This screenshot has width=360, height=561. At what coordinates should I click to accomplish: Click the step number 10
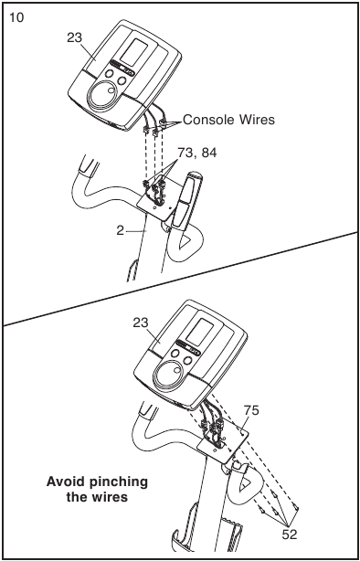tap(16, 16)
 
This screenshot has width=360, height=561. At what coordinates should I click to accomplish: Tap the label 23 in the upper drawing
tap(74, 38)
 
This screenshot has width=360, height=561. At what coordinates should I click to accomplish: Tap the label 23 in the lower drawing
tap(141, 323)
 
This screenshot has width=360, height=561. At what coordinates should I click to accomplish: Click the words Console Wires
tap(229, 120)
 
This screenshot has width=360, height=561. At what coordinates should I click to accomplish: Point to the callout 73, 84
tap(197, 153)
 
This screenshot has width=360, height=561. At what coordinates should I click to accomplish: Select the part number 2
tap(120, 231)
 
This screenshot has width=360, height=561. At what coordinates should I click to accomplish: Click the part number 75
tap(251, 411)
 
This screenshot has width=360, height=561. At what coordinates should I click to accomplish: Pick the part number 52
tap(290, 535)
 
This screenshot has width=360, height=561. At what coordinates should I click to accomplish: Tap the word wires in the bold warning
tap(109, 497)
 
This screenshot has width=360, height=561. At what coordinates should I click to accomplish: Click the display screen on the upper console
tap(133, 53)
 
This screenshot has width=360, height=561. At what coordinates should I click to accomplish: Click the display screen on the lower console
tap(200, 333)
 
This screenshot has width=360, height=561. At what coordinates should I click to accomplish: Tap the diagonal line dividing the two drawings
tap(180, 279)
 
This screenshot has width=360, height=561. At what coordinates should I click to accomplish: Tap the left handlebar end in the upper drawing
tap(88, 165)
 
